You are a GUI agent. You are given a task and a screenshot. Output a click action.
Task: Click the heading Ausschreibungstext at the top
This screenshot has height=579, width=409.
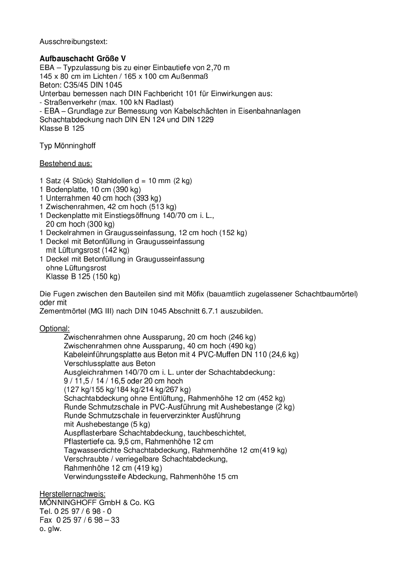point(73,42)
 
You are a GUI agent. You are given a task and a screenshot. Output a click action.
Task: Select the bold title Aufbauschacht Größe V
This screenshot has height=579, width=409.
point(83,59)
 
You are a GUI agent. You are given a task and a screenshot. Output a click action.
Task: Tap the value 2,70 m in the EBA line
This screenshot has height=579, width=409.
point(218,68)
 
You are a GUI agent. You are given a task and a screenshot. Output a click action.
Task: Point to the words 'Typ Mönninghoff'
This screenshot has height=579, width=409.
point(68,146)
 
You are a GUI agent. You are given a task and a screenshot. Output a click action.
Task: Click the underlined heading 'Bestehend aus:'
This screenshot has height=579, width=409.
point(66,164)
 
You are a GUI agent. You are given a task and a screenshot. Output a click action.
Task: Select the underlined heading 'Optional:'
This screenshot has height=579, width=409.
point(55,329)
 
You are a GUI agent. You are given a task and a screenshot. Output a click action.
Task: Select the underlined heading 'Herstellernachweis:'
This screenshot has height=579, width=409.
point(72,494)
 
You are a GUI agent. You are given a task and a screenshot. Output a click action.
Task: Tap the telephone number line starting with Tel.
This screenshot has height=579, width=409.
point(75,511)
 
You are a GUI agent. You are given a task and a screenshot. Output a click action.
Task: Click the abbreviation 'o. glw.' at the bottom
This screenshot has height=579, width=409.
point(50,529)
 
